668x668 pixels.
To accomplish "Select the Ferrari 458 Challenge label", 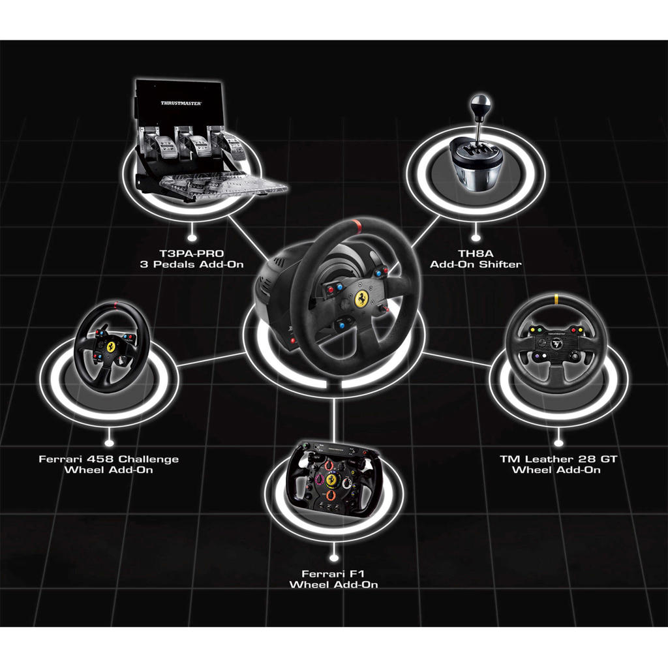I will [x=108, y=464].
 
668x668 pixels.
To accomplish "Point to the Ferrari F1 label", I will [x=333, y=579].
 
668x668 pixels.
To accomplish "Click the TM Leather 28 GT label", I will [x=558, y=464].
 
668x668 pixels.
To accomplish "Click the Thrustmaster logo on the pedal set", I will [x=181, y=103].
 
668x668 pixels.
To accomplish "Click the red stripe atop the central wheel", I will [x=356, y=226].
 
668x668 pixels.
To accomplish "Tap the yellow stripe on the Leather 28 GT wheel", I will [x=556, y=301].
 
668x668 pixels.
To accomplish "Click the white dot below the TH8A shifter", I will [x=476, y=230].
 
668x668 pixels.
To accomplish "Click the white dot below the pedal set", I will [x=192, y=230].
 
